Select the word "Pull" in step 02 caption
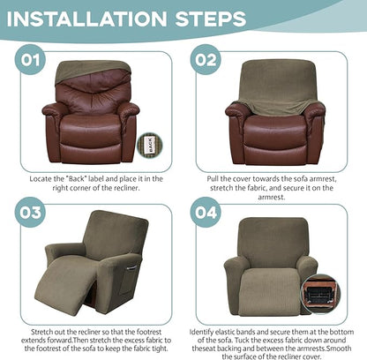pyautogui.click(x=214, y=178)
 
